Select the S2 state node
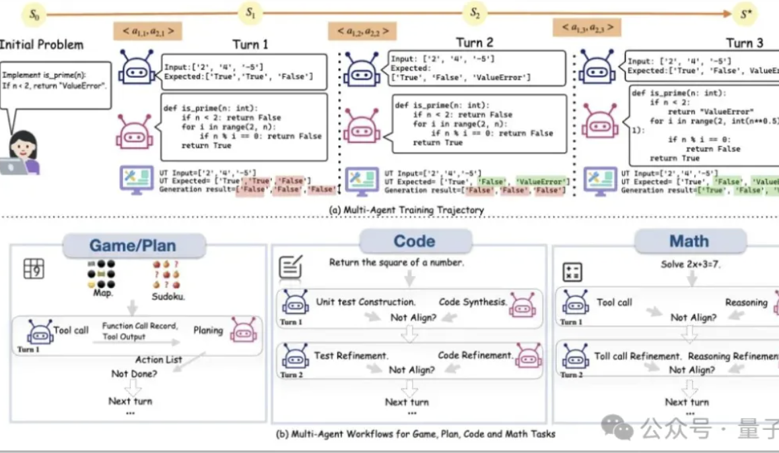point(474,11)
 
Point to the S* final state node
point(745,13)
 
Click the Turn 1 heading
point(250,44)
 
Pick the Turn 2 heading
point(474,42)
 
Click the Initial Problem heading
point(41,45)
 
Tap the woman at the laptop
point(22,152)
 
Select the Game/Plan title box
point(132,246)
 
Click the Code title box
point(414,241)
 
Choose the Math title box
point(689,241)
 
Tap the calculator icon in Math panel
point(572,272)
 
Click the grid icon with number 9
point(34,268)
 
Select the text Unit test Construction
point(365,302)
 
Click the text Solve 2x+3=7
point(689,264)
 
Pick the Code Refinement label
point(475,355)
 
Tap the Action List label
point(158,360)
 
